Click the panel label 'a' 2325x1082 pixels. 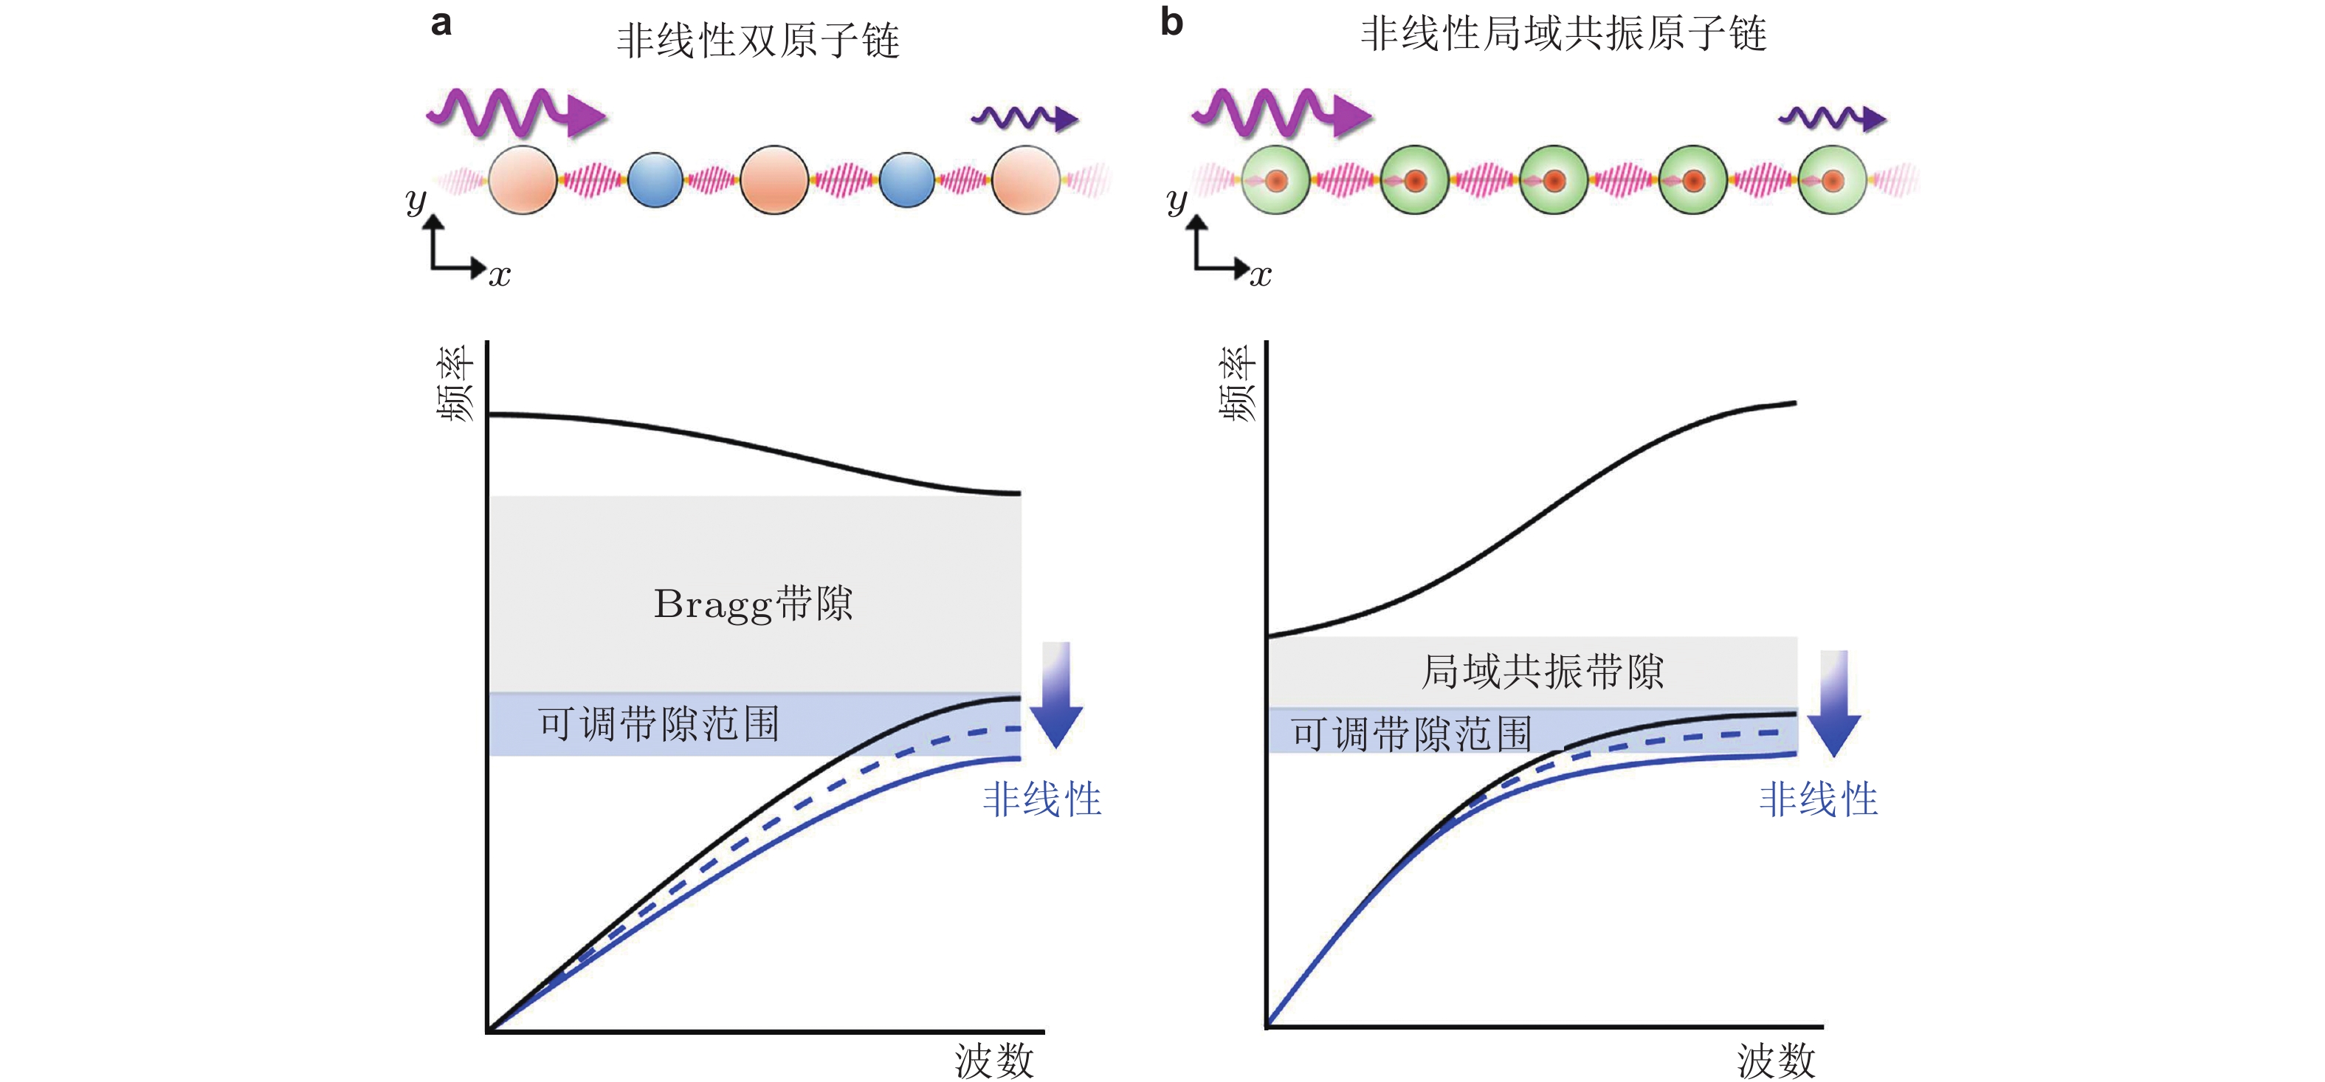tap(441, 23)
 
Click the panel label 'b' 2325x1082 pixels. tap(1171, 23)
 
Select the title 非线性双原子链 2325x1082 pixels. tap(757, 41)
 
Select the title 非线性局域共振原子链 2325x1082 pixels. tap(1563, 34)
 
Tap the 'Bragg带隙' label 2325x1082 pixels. tap(753, 604)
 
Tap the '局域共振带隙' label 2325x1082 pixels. tap(1543, 672)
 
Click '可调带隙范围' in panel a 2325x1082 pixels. tap(659, 724)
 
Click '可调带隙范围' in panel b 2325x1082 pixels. tap(1410, 733)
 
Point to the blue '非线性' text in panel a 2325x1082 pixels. tap(1041, 799)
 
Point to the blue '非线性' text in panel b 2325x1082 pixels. tap(1818, 799)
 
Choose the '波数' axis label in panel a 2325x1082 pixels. tap(993, 1061)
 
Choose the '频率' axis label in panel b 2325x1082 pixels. tap(1237, 385)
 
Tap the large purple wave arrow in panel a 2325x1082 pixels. tap(515, 113)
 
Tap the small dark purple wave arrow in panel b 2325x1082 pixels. tap(1832, 118)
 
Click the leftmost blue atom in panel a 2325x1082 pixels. tap(655, 181)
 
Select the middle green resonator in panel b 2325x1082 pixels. tap(1554, 181)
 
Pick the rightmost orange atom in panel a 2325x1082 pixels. tap(1025, 181)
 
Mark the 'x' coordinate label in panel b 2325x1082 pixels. tap(1261, 275)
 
